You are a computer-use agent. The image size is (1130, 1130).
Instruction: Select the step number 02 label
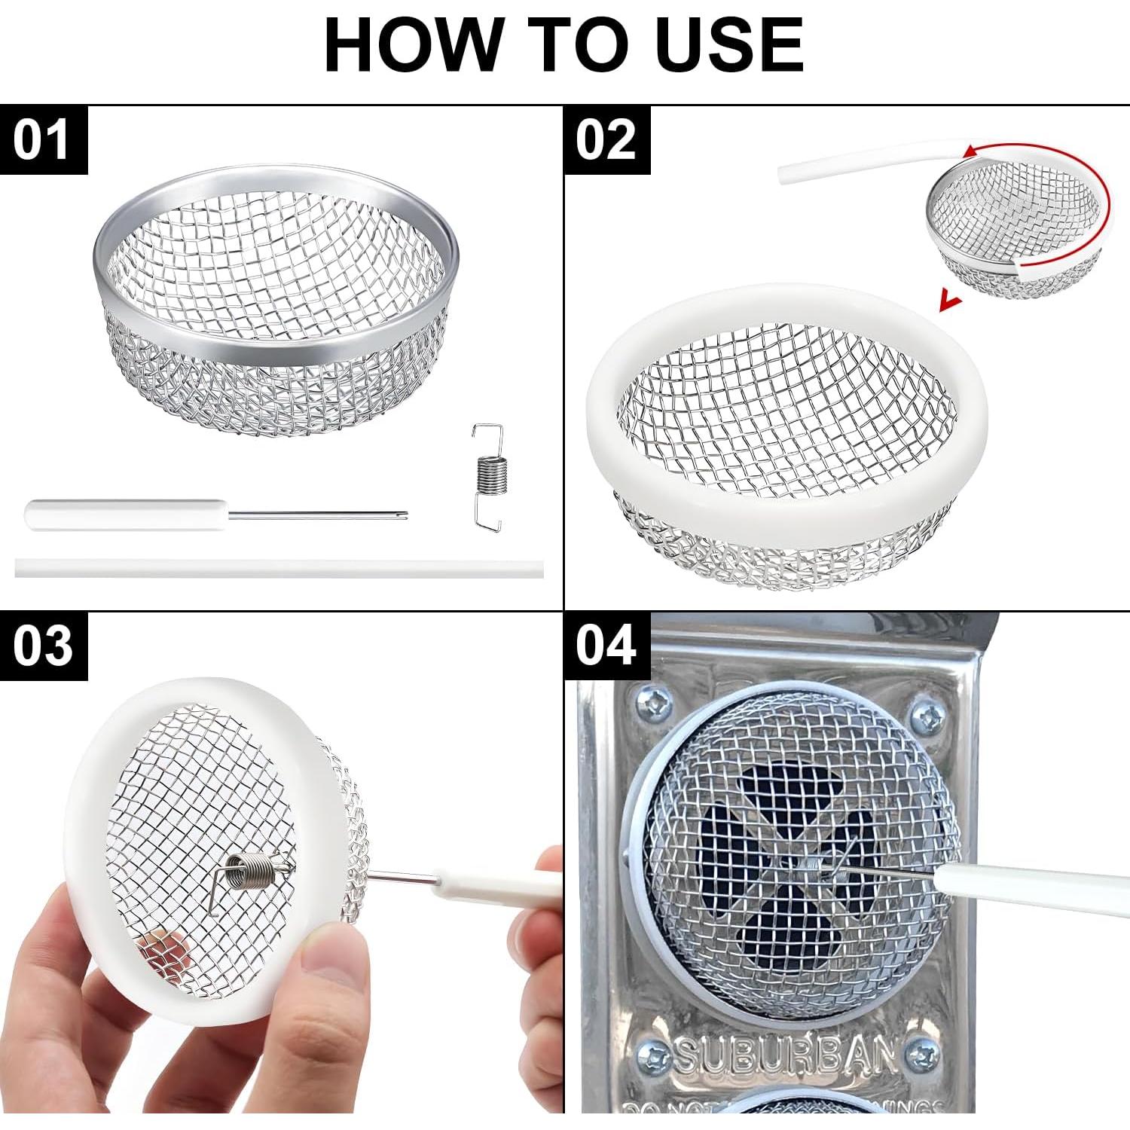pyautogui.click(x=606, y=140)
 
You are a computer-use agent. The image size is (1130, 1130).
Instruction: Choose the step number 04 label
pyautogui.click(x=606, y=646)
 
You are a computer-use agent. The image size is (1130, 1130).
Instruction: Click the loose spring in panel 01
pyautogui.click(x=488, y=475)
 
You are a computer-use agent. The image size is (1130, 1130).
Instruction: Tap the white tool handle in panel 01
pyautogui.click(x=124, y=515)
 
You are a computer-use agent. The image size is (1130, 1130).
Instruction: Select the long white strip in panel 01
pyautogui.click(x=279, y=568)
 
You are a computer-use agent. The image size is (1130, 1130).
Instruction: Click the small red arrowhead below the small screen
pyautogui.click(x=951, y=303)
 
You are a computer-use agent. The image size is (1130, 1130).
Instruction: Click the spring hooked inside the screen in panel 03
pyautogui.click(x=252, y=876)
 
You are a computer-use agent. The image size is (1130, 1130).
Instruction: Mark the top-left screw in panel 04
pyautogui.click(x=654, y=704)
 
